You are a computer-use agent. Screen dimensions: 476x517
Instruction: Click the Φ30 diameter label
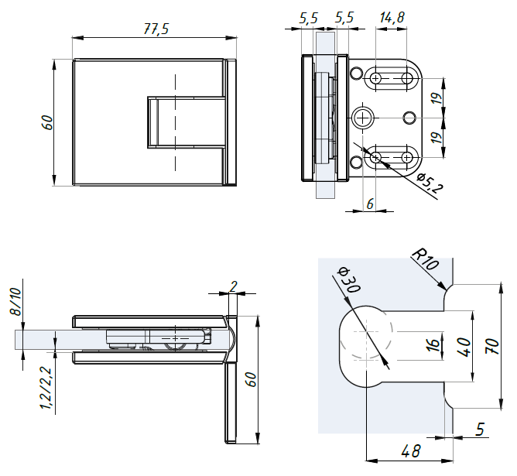coord(349,279)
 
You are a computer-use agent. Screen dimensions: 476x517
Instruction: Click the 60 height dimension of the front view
coord(47,122)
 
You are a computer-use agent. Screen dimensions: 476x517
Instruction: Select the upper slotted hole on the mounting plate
coord(392,80)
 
